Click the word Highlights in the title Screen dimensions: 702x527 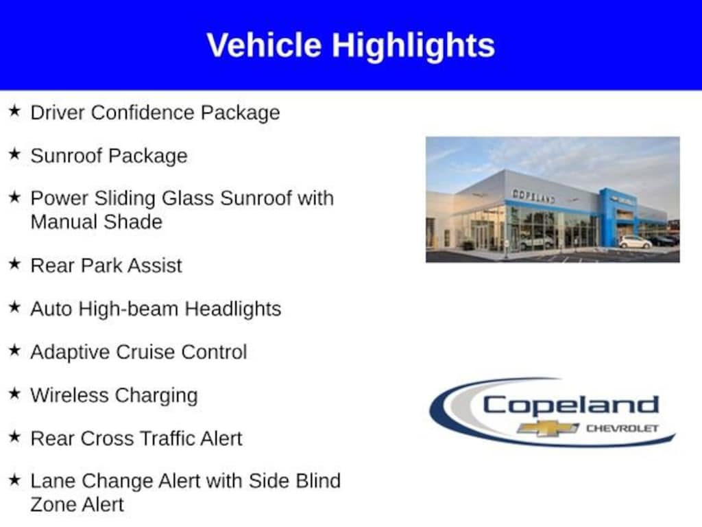[x=413, y=46]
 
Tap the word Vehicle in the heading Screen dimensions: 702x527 [x=264, y=45]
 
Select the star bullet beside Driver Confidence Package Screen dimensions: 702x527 [x=15, y=110]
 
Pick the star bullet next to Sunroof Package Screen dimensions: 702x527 [x=15, y=154]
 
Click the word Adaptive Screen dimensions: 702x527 [x=70, y=352]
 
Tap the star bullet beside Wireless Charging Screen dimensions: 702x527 [x=15, y=393]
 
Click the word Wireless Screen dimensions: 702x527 [x=69, y=395]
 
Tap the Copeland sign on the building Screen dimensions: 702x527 [x=533, y=196]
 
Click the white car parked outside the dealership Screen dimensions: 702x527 [x=636, y=242]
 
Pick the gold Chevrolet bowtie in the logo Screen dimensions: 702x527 [x=547, y=428]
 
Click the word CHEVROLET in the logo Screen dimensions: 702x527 [x=622, y=428]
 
